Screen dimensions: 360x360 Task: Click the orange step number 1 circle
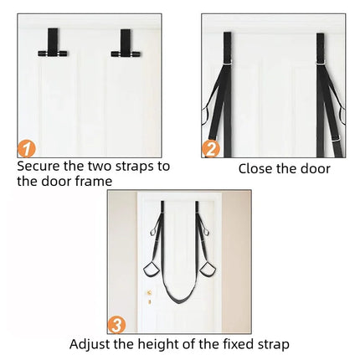point(27,149)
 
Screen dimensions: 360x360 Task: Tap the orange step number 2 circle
point(211,149)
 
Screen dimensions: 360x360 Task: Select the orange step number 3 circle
point(116,325)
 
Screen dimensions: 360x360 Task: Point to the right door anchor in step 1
point(126,44)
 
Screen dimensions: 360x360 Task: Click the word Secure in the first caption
point(39,167)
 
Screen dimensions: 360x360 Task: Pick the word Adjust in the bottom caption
point(90,344)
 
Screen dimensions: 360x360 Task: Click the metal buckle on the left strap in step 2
point(228,62)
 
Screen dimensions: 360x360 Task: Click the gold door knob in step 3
point(149,293)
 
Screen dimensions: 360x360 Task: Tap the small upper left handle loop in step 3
point(153,232)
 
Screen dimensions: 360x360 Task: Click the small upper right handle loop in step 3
point(205,232)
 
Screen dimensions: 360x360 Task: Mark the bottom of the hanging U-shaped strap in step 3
point(179,301)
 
